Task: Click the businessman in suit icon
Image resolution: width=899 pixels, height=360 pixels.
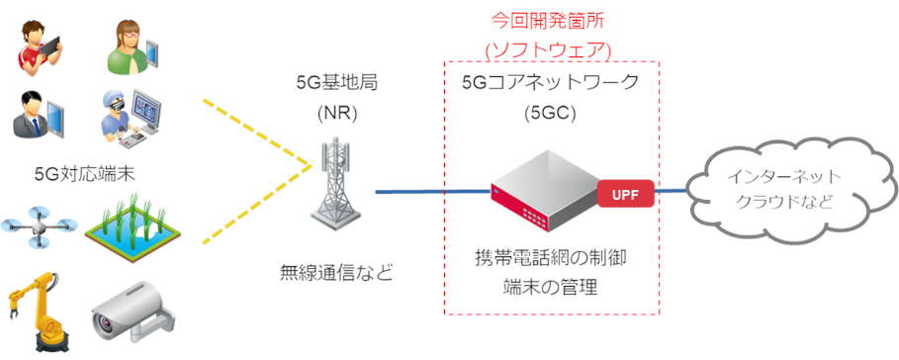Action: click(36, 117)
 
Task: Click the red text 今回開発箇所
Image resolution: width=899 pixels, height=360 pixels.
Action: click(549, 20)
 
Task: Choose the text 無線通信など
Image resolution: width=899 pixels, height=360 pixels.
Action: click(336, 271)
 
